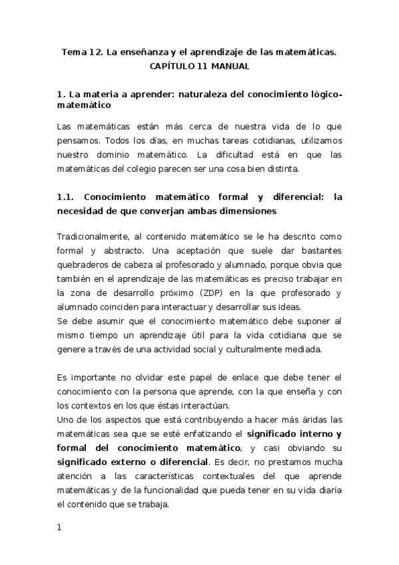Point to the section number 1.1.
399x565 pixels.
pos(65,197)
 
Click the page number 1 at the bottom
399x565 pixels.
pos(59,528)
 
